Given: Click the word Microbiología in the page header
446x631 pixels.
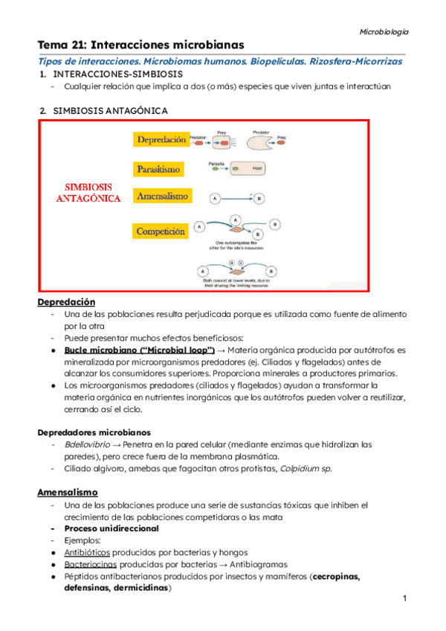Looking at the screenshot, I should coord(384,32).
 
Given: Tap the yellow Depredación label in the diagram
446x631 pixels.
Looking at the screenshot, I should coord(161,140).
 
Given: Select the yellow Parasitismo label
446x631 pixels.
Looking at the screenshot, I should coord(158,170).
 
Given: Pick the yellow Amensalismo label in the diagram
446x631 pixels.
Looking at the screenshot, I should coord(162,196).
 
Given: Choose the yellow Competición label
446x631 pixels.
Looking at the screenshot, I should coord(160,231).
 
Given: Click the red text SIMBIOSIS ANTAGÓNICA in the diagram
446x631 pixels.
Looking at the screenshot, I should coord(88,191).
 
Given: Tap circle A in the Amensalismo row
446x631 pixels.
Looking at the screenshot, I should coord(215,199).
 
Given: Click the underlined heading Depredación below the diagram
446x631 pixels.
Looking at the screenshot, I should coord(67,302).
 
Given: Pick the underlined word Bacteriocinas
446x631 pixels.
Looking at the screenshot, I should coord(90,564).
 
